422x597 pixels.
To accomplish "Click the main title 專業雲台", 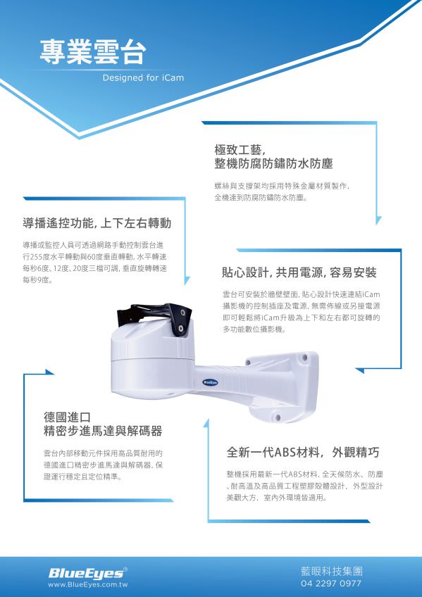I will coord(92,51).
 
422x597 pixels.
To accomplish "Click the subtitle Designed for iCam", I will coord(143,78).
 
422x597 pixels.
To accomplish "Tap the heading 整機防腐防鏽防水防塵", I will coord(273,164).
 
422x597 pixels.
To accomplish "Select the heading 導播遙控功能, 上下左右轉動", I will coord(97,224).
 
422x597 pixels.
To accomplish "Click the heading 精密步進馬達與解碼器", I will coord(103,431).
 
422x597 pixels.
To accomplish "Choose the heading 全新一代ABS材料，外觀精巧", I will coord(303,452).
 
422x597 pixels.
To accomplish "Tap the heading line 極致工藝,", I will coord(240,149).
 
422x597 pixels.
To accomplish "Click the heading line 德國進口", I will coord(68,417).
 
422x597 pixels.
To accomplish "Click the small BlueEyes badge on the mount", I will coord(210,382).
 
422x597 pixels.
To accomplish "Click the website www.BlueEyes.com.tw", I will coord(87,585).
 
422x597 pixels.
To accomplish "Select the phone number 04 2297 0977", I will coord(331,584).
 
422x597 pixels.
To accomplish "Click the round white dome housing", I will coord(151,370).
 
